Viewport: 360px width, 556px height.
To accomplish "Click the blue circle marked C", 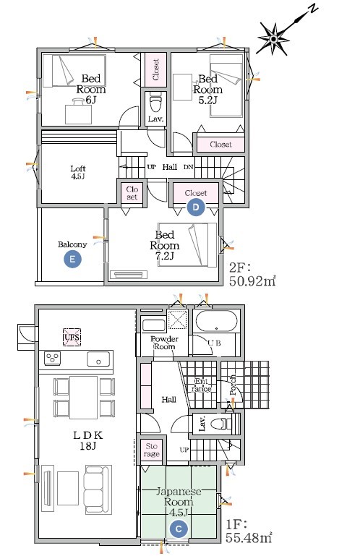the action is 179,529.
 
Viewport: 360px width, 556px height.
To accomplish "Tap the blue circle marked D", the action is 196,207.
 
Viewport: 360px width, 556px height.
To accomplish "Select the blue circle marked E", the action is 72,260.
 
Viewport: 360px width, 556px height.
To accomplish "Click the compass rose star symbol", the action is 274,38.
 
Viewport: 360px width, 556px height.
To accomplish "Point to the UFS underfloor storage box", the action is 72,336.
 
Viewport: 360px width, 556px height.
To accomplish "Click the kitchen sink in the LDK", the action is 98,359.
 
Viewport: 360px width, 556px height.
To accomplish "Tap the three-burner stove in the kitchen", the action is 53,358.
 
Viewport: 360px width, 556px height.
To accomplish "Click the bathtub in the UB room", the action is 215,321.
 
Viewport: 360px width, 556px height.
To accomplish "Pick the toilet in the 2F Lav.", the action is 156,101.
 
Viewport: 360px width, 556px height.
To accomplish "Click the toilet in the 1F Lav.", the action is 222,424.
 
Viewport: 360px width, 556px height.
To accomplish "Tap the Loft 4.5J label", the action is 77,172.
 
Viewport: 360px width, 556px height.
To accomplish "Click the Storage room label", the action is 152,450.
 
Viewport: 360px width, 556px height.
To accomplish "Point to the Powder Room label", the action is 164,343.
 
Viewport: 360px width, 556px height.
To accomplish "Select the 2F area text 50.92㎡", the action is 252,281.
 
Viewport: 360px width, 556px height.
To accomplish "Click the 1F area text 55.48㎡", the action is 249,537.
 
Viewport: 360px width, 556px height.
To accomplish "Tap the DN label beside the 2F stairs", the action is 189,167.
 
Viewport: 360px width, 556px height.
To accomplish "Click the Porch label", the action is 233,385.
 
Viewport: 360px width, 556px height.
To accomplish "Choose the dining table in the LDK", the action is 84,397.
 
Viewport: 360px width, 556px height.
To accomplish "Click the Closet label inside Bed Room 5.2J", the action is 220,145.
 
